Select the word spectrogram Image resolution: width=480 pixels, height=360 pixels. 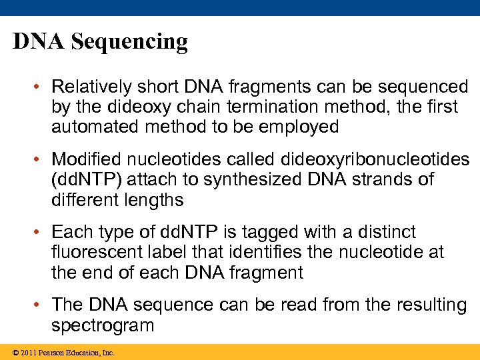103,325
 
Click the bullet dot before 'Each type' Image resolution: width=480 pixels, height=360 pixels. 41,233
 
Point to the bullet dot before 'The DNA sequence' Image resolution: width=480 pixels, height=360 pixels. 41,305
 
